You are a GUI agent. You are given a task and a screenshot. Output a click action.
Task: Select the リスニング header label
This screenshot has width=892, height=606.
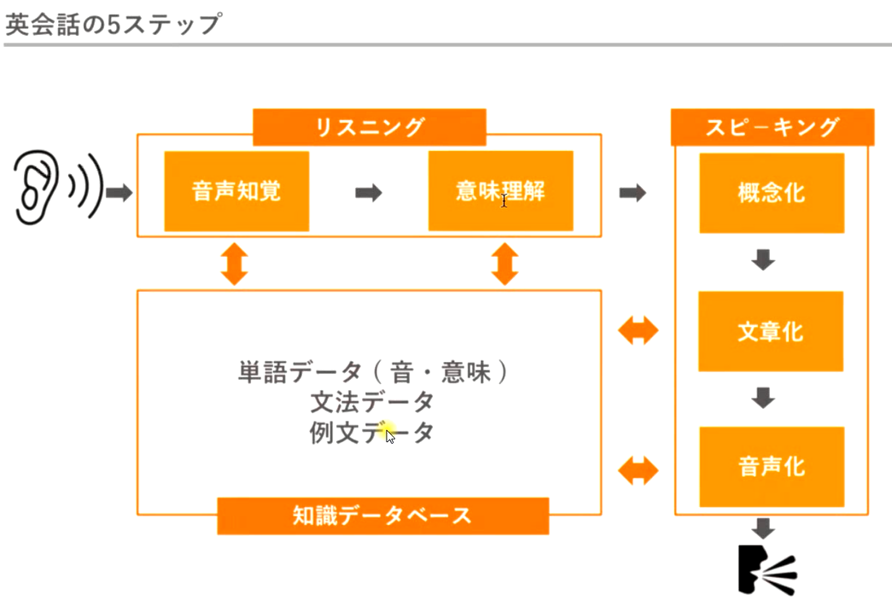pos(370,128)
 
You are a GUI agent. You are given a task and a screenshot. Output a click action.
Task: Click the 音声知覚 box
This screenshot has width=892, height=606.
pos(236,191)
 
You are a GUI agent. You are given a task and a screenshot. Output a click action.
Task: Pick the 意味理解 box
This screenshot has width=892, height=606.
pos(500,191)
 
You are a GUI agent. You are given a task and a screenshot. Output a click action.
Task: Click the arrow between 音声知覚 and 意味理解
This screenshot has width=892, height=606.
pos(369,192)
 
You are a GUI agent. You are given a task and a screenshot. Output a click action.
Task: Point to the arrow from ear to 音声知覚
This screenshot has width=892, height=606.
pos(119,192)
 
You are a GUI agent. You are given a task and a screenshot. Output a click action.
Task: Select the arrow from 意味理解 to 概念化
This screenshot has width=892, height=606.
pos(632,193)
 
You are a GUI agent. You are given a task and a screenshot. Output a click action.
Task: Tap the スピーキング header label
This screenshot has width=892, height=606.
pos(772,127)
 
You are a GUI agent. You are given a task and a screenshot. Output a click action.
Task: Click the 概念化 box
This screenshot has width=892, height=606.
pos(772,193)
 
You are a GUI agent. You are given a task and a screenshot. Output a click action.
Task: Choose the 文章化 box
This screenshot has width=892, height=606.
pos(772,331)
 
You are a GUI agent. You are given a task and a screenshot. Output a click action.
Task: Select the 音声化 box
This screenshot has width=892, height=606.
pos(772,467)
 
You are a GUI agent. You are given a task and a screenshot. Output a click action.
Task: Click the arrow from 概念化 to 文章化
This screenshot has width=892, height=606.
pos(763,260)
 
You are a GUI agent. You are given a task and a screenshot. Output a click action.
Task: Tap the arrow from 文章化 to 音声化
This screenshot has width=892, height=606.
pos(763,397)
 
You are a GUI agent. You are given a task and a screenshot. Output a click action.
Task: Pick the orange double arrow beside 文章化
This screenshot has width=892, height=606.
pos(638,331)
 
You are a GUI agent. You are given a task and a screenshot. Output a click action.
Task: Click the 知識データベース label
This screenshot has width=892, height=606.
pos(382,516)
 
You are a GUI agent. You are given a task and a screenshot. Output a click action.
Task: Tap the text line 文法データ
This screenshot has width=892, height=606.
pos(372,401)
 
